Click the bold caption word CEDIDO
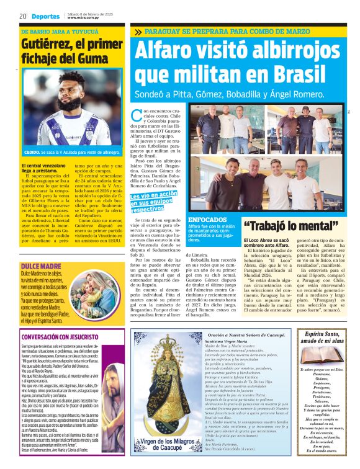pos(32,152)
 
